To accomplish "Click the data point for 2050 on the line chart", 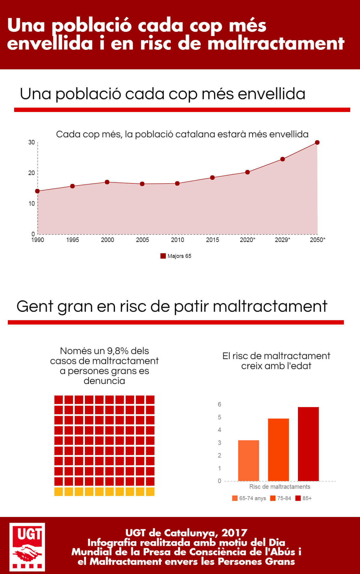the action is (x=317, y=142).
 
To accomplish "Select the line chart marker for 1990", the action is (x=37, y=191).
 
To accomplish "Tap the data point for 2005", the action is (x=142, y=184).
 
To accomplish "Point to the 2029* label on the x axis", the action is (x=282, y=240).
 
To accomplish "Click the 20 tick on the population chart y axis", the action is (x=31, y=173).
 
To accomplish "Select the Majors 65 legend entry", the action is (x=176, y=256).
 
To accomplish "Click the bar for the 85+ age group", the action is (x=308, y=444).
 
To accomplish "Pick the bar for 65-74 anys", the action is (x=249, y=461).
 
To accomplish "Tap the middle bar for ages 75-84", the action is (x=278, y=450).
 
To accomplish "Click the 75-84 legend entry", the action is (x=280, y=498).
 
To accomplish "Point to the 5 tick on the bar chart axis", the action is (x=220, y=417).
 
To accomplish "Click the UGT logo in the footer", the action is (x=27, y=547).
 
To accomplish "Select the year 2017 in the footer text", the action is (x=234, y=533).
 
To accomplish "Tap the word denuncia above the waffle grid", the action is (x=104, y=381).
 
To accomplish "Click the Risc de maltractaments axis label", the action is (x=280, y=487).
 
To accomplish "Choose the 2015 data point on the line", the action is (x=212, y=177).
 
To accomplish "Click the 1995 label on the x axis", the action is (x=73, y=240).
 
